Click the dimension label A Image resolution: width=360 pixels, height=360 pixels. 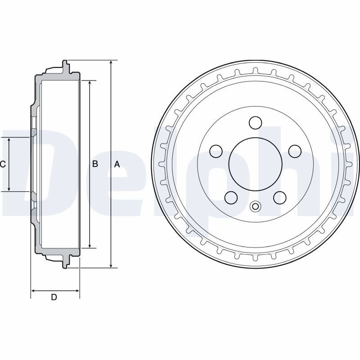[117, 164]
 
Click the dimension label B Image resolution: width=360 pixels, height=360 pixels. [95, 164]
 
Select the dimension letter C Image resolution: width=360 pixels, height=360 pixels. [3, 164]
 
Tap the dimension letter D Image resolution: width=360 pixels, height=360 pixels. [54, 297]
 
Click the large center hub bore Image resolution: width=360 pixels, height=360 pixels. [255, 164]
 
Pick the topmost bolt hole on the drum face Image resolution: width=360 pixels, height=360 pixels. [255, 122]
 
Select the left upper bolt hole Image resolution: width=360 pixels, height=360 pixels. [216, 151]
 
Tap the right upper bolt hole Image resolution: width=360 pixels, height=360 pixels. [295, 151]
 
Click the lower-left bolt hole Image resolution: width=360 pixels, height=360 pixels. [231, 198]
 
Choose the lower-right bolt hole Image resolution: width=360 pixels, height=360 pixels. [280, 198]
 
